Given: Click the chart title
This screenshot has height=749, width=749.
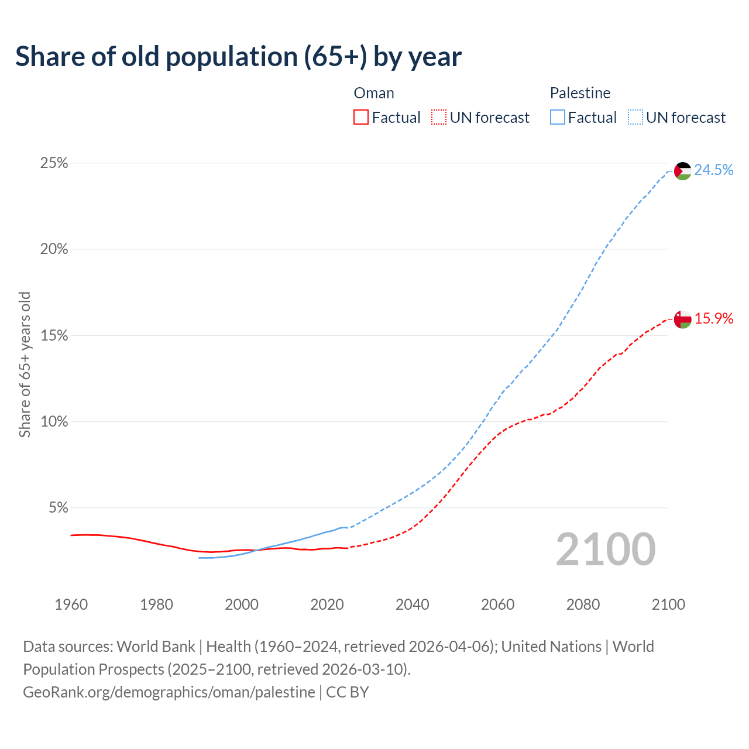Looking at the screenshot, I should coord(238,57).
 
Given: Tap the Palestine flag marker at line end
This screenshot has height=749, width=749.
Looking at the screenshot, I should coord(682,171).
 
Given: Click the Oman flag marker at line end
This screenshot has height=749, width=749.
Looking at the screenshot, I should coord(682,319).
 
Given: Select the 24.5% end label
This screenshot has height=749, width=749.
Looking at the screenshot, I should coord(714,170).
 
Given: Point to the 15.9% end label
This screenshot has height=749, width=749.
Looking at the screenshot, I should coord(714,318).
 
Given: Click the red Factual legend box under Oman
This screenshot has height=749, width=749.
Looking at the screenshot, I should coord(361,118).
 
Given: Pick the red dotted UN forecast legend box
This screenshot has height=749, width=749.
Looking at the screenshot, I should coord(439,118).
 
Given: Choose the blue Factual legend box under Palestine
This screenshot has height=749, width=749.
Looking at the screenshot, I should coord(557,118).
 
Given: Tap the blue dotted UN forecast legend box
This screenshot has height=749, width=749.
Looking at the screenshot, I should coord(635,118).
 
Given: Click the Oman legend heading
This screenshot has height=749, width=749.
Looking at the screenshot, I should coord(374,93).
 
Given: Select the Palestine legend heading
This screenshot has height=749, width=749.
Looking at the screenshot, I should coord(580,93).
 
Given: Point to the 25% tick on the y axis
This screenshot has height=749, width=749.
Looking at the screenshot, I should coord(54,163).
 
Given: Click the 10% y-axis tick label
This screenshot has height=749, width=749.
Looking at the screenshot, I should coord(54,421).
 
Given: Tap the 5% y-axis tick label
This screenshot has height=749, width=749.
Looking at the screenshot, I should coord(58,507).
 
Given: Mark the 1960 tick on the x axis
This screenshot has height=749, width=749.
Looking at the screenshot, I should coord(71,604).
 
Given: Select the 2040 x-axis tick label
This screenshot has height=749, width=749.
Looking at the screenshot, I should coord(413,604).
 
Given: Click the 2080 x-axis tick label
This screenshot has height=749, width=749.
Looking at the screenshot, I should coord(583,604).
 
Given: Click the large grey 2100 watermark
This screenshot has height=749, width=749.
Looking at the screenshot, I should coord(606,549).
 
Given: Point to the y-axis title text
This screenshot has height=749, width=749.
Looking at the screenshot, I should coord(25,364).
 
